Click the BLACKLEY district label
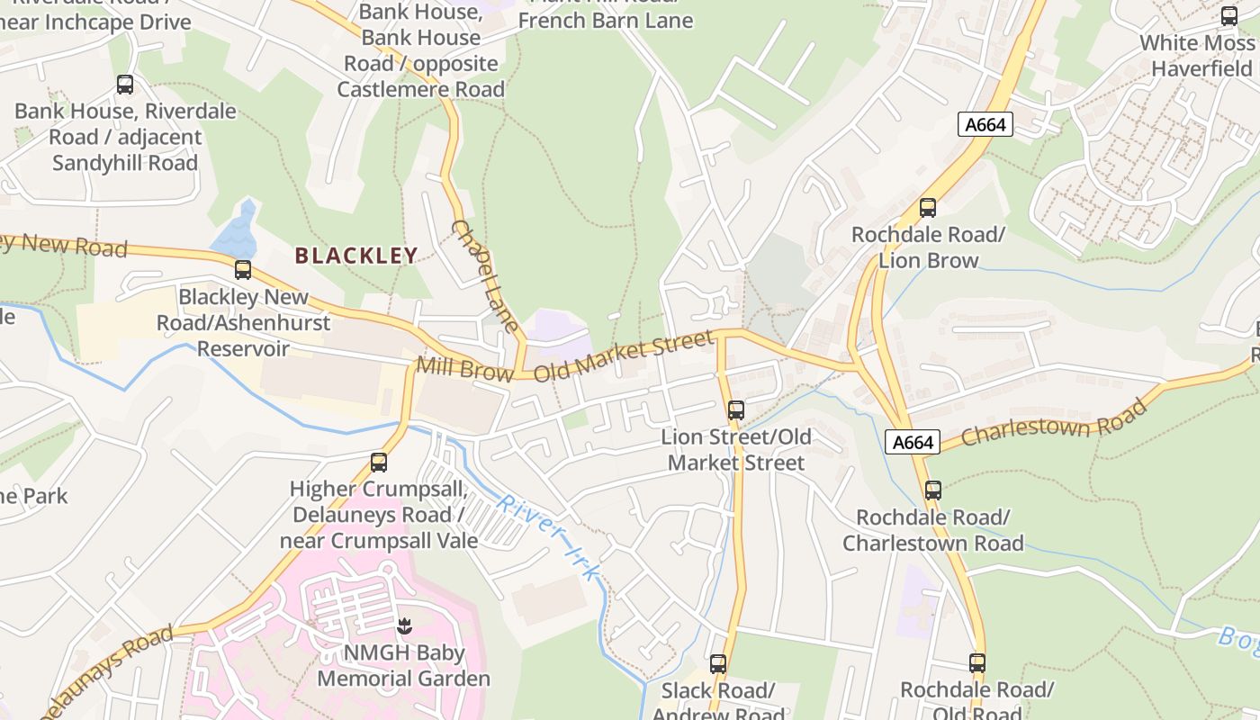[x=356, y=256]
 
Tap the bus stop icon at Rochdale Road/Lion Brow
[x=928, y=208]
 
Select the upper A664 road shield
[x=985, y=125]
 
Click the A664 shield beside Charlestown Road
[x=913, y=442]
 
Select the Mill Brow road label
[x=464, y=369]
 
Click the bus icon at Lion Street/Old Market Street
[x=736, y=410]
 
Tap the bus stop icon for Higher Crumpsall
[x=379, y=463]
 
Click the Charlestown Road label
[x=1054, y=423]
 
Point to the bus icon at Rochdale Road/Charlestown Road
[x=933, y=490]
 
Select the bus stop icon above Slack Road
[x=717, y=664]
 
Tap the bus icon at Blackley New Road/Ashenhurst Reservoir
[x=242, y=270]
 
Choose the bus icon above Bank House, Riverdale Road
[x=125, y=85]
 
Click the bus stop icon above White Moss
[x=1228, y=16]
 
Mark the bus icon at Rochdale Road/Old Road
[x=977, y=663]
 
